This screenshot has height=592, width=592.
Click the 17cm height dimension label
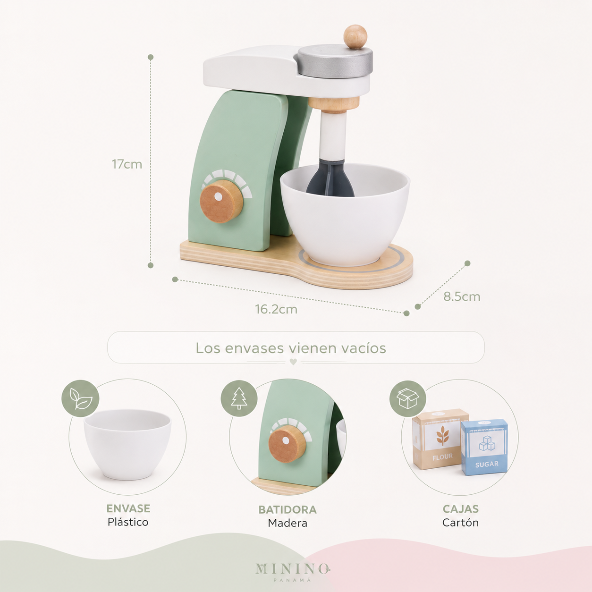[x=127, y=164]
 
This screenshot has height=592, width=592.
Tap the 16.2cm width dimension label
[x=276, y=309]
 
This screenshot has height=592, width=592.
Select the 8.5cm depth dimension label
[x=461, y=296]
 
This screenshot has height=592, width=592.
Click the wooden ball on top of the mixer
[x=355, y=36]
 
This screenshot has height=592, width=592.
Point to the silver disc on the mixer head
[x=335, y=61]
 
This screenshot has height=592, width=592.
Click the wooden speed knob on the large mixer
[x=221, y=202]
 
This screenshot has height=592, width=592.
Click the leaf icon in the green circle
[x=80, y=399]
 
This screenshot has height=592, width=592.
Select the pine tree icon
[x=239, y=398]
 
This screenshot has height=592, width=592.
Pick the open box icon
[x=408, y=399]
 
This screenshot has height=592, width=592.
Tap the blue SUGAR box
[x=484, y=447]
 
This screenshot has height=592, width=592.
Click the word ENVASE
[x=128, y=508]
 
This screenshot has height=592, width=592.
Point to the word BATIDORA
[x=288, y=510]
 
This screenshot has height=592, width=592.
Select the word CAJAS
[x=460, y=509]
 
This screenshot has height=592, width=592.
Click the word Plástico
[x=128, y=522]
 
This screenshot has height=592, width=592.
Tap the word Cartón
[x=460, y=523]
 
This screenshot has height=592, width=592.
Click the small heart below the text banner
[x=293, y=362]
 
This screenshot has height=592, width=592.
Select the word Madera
[x=288, y=523]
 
